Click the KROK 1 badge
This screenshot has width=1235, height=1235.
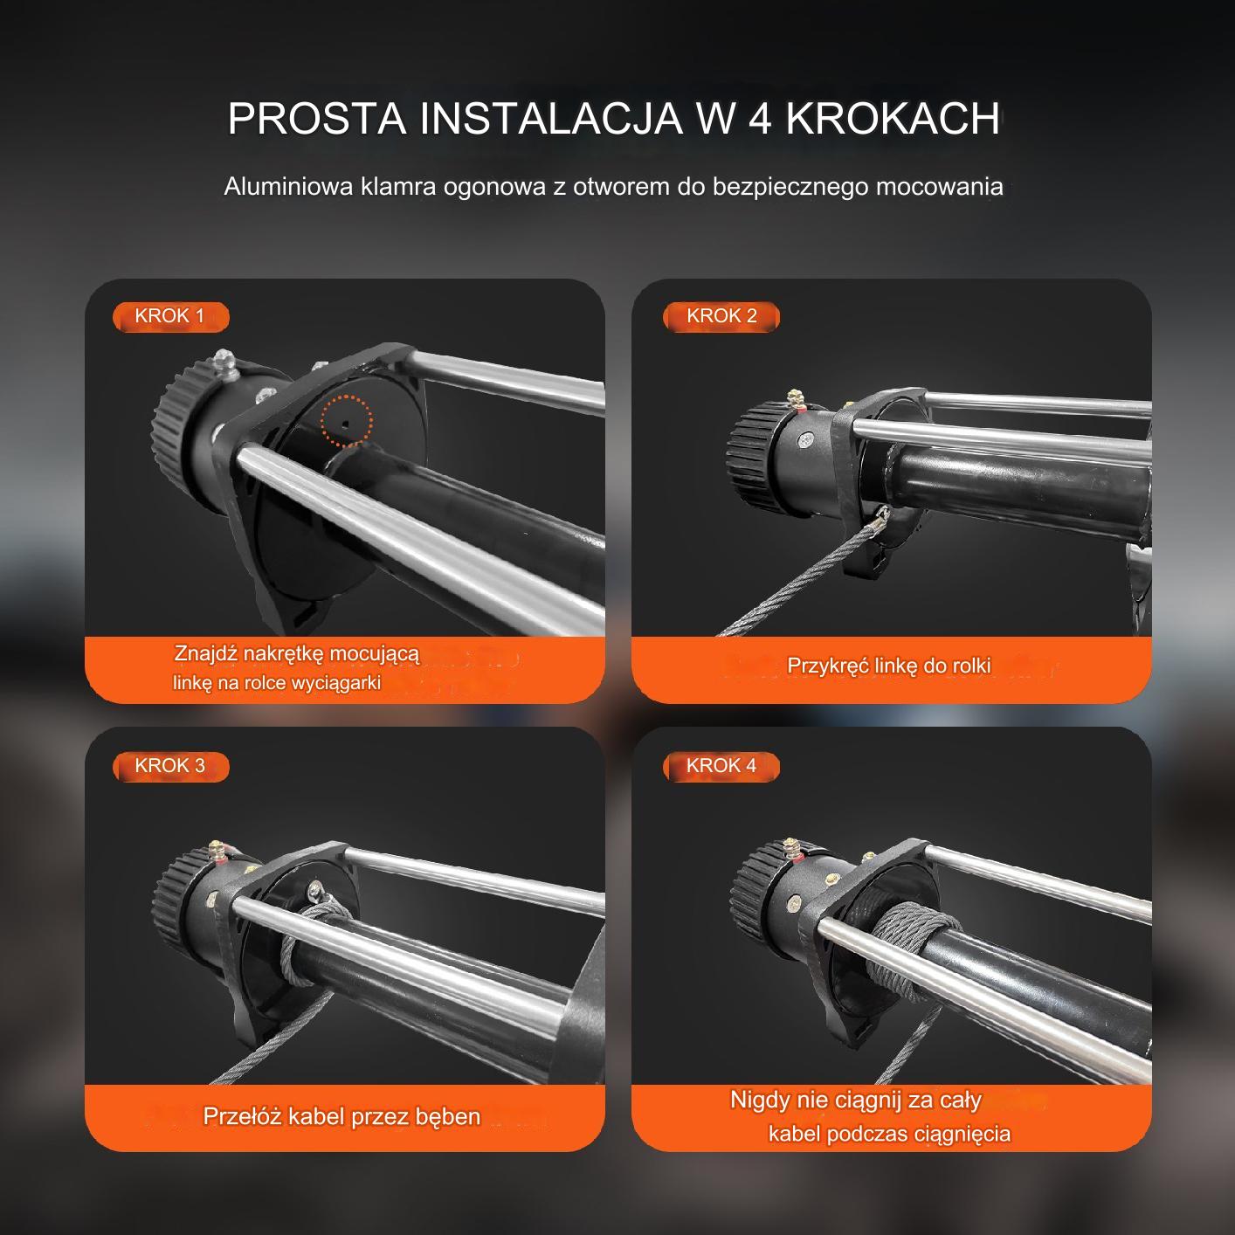[170, 316]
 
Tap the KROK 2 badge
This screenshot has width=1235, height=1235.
[721, 316]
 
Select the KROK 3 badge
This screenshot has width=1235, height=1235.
[170, 766]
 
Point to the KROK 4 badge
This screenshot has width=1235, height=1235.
[721, 766]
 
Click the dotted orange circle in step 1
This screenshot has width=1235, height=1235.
[346, 420]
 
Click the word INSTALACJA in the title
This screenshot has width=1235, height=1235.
[551, 119]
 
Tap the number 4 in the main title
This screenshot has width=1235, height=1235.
[760, 119]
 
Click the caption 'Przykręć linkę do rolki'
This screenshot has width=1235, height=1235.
[889, 666]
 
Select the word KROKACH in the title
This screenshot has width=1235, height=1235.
[893, 119]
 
